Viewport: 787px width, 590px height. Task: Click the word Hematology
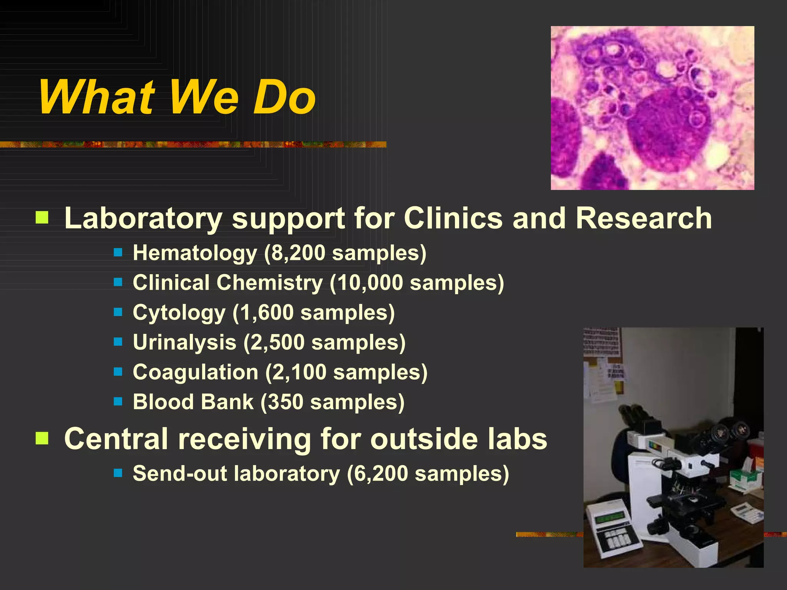click(194, 254)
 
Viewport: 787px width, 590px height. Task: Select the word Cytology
click(179, 313)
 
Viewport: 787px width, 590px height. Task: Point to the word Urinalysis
click(184, 342)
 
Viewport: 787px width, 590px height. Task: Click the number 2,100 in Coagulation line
click(300, 372)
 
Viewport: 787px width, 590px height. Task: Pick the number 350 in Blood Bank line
click(286, 402)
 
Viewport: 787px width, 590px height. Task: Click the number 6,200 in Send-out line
click(381, 474)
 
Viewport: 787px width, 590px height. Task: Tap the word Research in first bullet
click(644, 218)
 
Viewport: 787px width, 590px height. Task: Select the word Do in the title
click(284, 98)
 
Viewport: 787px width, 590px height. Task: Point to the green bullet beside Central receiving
click(42, 438)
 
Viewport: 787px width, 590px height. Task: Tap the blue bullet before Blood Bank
click(118, 402)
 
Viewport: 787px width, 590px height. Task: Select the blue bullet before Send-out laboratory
click(118, 473)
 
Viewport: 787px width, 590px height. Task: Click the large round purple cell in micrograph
click(669, 131)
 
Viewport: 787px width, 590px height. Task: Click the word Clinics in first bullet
click(453, 218)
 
